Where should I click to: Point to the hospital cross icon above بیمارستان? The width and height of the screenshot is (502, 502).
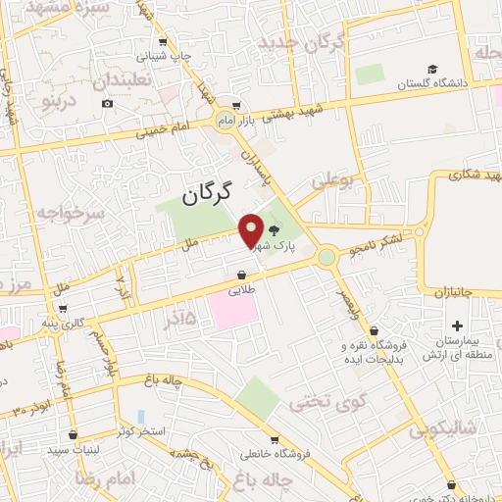click(457, 326)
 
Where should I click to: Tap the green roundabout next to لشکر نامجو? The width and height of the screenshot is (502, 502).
click(326, 258)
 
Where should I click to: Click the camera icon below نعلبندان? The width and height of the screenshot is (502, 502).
click(107, 103)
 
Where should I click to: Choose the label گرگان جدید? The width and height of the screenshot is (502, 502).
click(302, 44)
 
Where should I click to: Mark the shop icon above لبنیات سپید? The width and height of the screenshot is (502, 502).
click(74, 434)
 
